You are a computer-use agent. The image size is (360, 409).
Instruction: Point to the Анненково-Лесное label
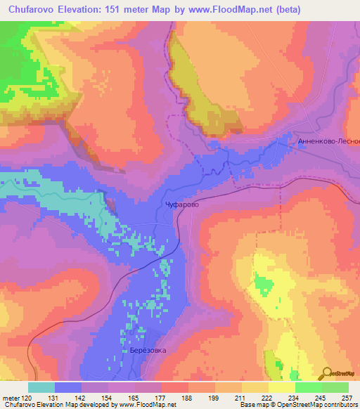pyautogui.click(x=328, y=141)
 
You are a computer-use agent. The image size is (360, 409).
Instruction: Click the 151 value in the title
pyautogui.click(x=127, y=10)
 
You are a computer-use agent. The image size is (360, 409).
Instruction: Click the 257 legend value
pyautogui.click(x=347, y=397)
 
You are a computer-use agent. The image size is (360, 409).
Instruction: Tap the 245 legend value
pyautogui.click(x=321, y=397)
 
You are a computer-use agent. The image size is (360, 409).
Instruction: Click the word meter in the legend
pyautogui.click(x=11, y=397)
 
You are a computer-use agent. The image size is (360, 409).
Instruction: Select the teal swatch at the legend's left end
pyautogui.click(x=41, y=387)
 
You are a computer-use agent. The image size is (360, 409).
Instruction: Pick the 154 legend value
pyautogui.click(x=108, y=397)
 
